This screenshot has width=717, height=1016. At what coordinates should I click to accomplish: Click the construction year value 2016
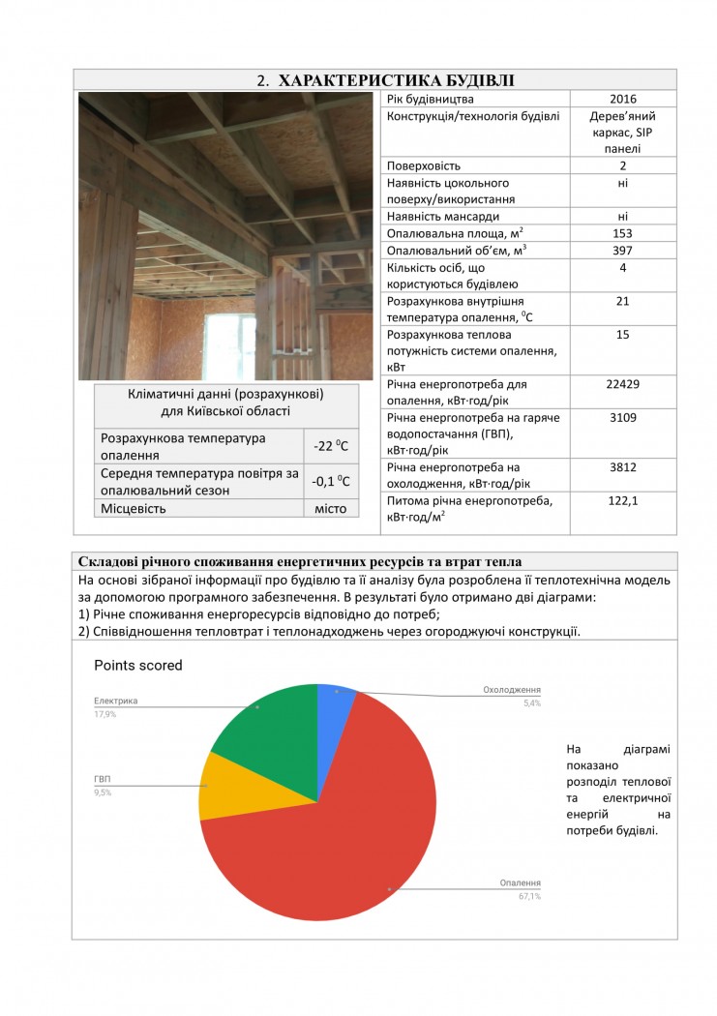(622, 100)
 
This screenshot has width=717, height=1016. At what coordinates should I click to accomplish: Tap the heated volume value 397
(622, 251)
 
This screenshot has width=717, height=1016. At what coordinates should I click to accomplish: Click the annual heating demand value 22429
(622, 384)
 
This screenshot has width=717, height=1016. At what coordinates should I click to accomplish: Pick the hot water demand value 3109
(622, 417)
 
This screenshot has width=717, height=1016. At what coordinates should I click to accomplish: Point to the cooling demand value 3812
(622, 467)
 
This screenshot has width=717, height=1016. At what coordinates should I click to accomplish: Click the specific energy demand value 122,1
(622, 501)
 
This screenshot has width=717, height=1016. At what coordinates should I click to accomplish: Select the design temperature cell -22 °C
(331, 446)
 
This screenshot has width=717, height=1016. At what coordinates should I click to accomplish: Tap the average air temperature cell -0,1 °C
(331, 481)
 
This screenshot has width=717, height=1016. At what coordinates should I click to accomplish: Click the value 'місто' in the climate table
(331, 508)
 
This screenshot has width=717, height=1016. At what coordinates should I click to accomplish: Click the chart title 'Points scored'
(137, 666)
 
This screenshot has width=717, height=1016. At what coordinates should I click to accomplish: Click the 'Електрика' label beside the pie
(115, 701)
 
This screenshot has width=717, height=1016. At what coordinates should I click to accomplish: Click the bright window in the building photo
(230, 344)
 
